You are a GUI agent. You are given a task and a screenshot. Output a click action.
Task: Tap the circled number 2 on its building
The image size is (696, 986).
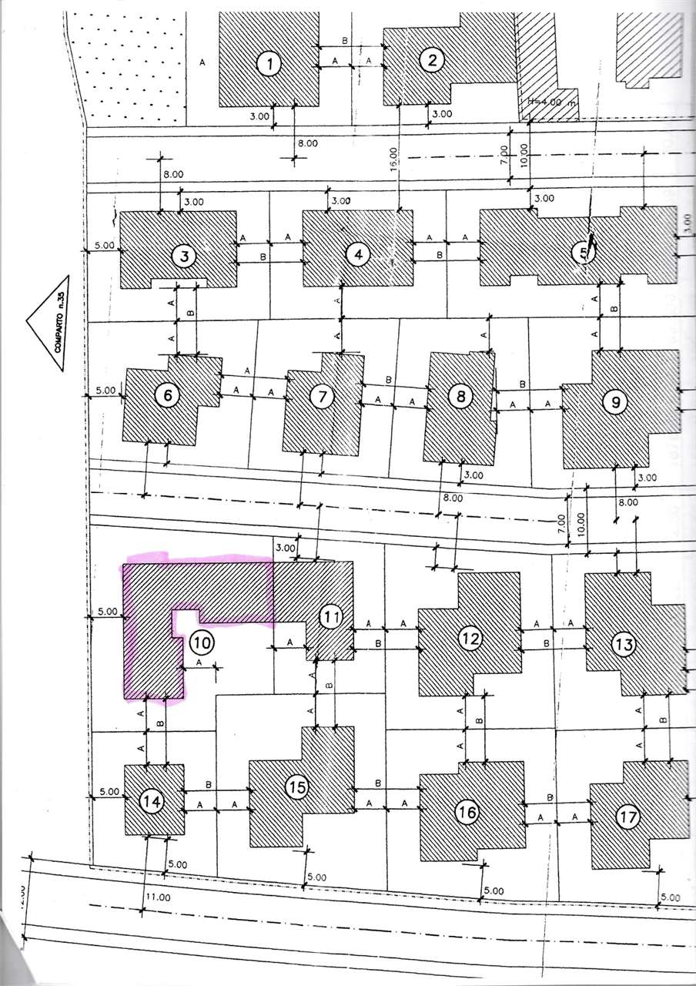point(432,61)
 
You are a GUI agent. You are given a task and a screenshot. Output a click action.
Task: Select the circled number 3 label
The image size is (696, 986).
point(184,255)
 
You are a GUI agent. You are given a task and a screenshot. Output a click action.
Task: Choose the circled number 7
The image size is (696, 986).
point(322,397)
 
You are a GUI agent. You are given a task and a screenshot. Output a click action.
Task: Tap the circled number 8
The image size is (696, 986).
point(460,397)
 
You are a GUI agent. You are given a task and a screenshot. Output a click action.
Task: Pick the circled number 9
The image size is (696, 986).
point(614,401)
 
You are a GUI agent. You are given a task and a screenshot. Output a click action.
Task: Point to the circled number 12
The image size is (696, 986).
point(470,638)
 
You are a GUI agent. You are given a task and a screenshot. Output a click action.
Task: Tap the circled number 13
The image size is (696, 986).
point(624,643)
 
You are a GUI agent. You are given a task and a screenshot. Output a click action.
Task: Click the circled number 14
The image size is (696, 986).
point(153,802)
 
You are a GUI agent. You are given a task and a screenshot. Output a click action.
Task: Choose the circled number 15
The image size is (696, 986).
point(296,787)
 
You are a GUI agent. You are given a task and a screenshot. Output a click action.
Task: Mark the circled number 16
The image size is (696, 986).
point(467,812)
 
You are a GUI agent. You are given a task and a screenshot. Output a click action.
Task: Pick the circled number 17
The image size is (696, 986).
point(628,817)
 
